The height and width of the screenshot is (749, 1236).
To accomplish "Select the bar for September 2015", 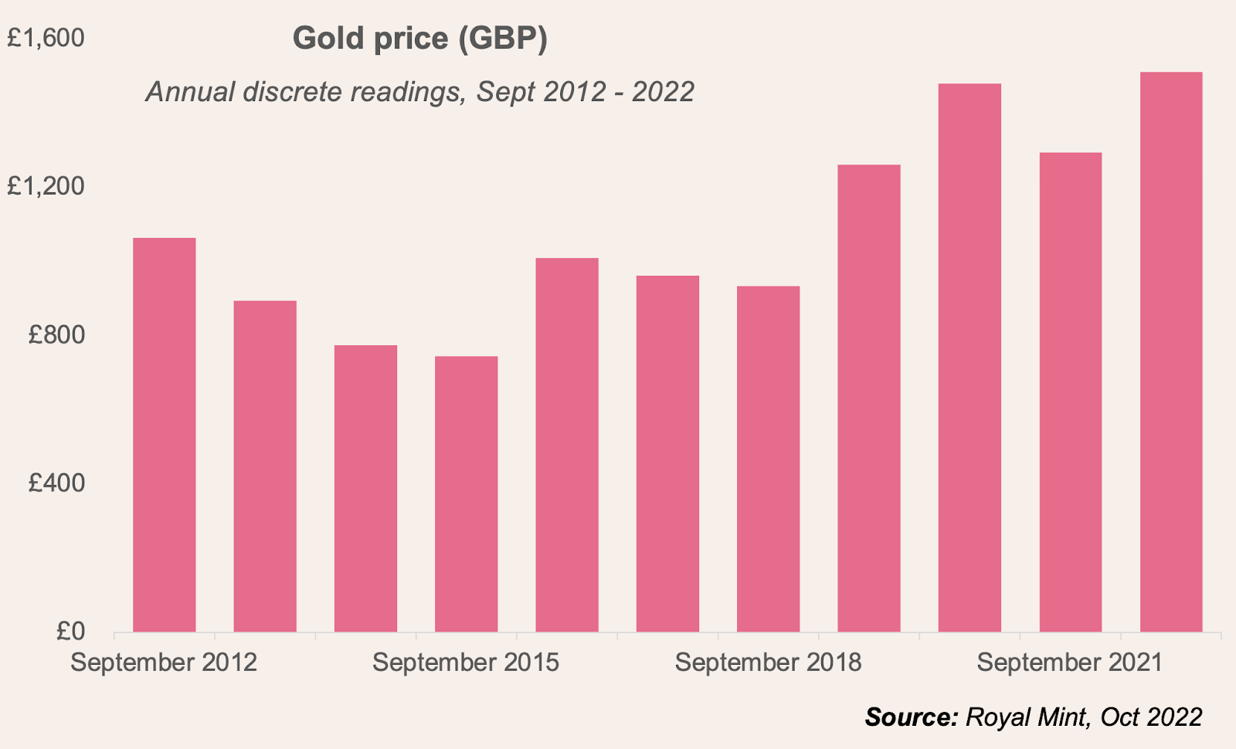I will tap(467, 494).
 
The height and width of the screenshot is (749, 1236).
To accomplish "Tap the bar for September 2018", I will tap(768, 459).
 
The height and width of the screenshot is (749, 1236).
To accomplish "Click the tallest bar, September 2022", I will tap(1171, 352).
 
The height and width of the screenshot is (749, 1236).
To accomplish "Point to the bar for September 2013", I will tap(265, 466).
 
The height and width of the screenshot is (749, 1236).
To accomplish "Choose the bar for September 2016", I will tap(567, 445).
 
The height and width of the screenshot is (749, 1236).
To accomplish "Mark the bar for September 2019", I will tap(869, 398).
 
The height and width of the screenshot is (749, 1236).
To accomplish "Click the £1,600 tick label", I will tap(46, 38).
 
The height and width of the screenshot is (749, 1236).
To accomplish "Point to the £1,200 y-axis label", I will tap(46, 186).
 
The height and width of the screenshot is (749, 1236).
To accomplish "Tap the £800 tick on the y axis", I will tap(56, 334).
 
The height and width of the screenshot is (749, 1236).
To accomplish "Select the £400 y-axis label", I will tap(56, 483).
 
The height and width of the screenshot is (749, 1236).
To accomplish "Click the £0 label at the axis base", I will tap(70, 632).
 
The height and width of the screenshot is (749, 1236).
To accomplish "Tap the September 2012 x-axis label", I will tap(164, 663).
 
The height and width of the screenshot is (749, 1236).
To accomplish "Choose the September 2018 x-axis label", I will tap(768, 663).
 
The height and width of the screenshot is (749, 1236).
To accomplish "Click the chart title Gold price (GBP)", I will tap(420, 39).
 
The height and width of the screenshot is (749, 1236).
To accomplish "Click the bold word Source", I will tap(911, 717).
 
